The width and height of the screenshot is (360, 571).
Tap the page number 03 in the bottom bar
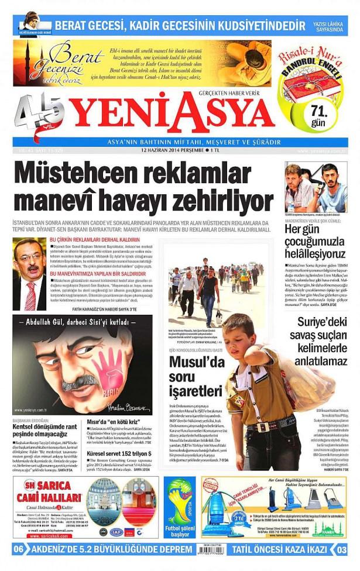tap(341, 549)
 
